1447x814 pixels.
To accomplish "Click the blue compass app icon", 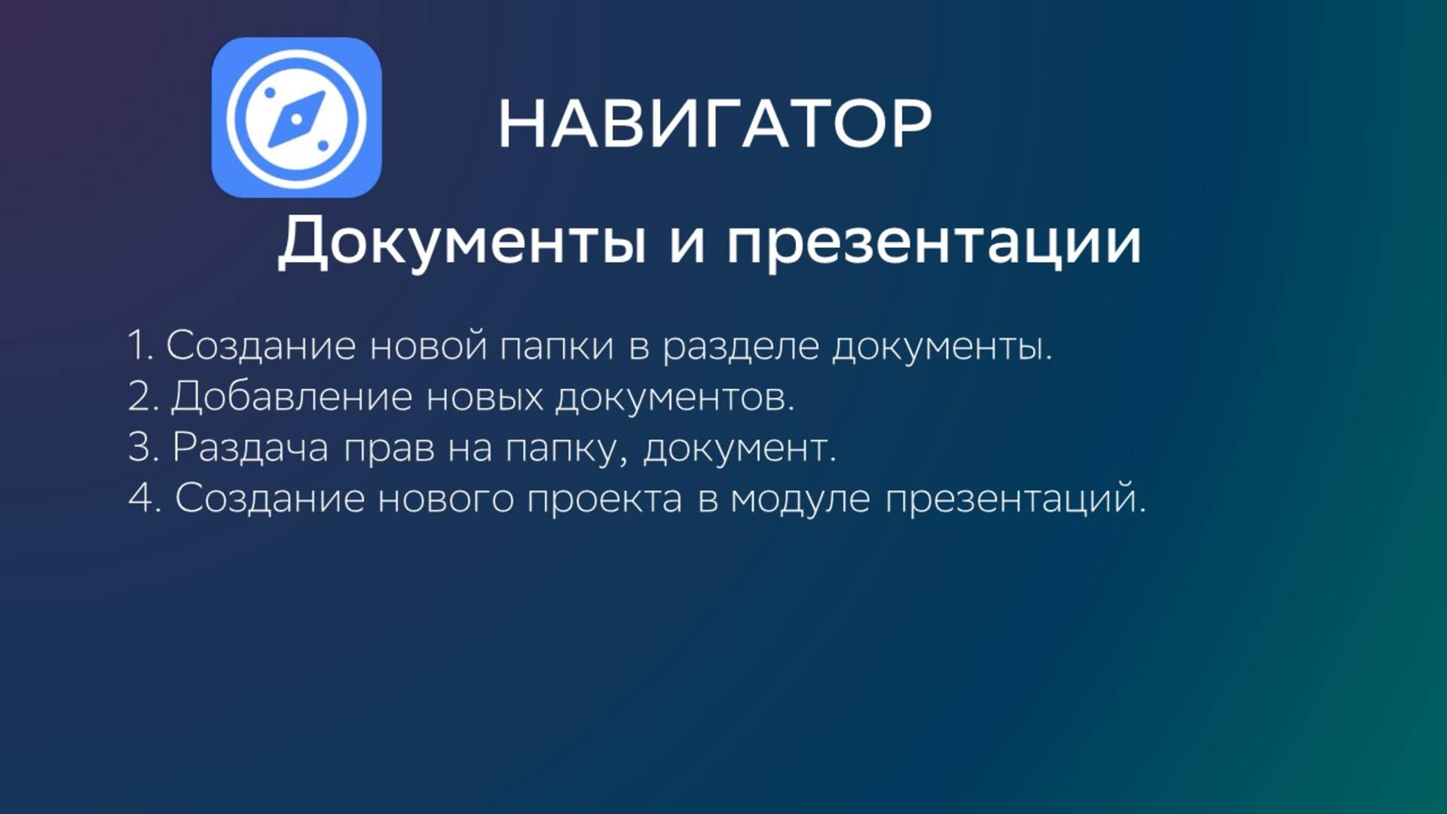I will (296, 118).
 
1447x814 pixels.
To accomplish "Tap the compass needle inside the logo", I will (297, 118).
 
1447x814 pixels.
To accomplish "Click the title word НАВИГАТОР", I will (714, 124).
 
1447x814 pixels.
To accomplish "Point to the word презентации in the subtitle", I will (934, 243).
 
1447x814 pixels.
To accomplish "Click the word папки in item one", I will (557, 347).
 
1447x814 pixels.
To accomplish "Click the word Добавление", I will (292, 398).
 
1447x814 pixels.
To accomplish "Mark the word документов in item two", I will (675, 398).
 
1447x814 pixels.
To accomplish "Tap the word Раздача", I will (250, 447).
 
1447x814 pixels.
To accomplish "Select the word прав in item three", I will (389, 448).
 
